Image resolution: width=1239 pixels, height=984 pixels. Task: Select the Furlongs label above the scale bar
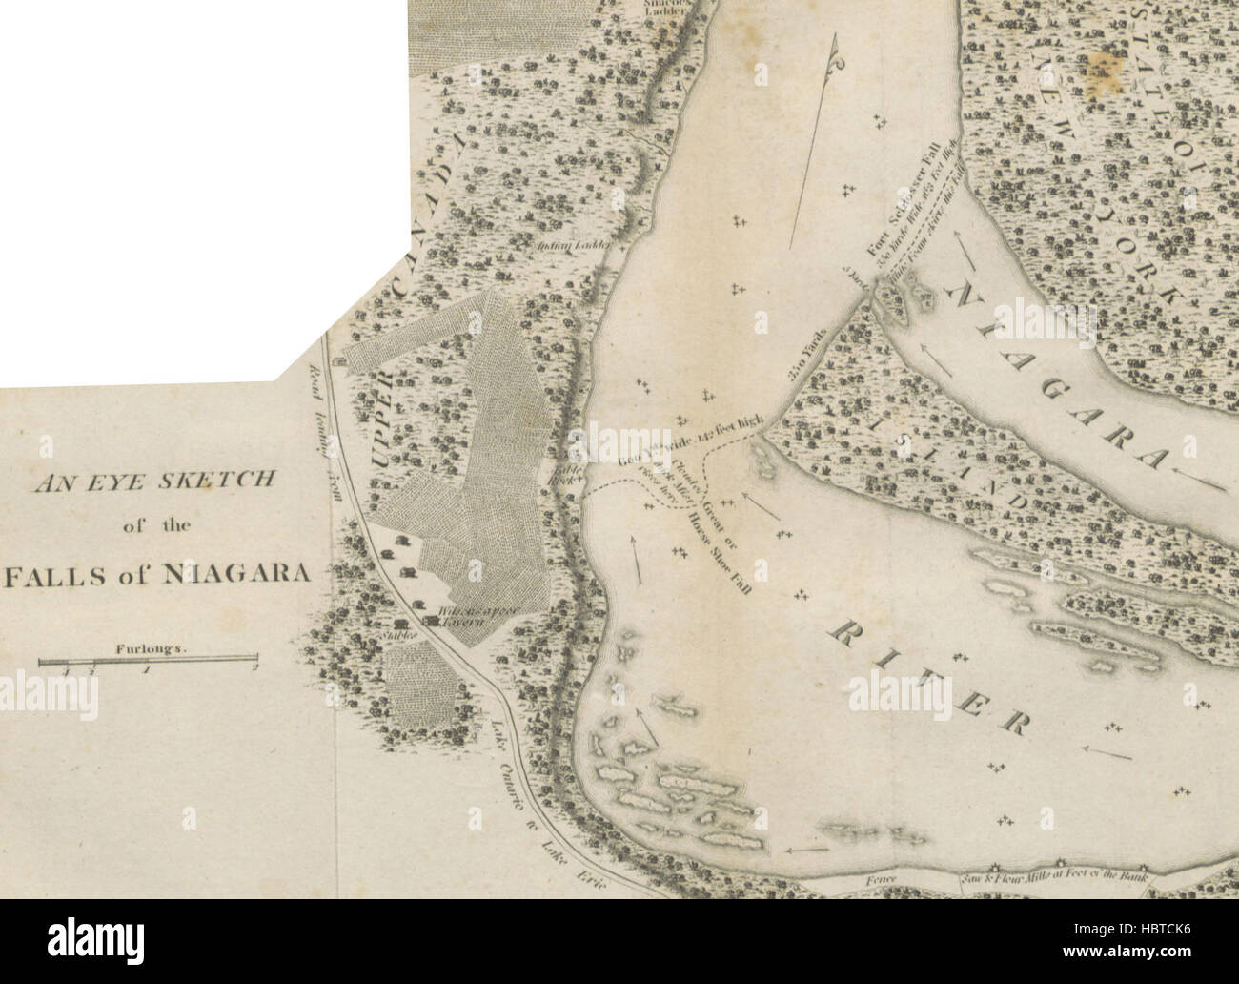(149, 646)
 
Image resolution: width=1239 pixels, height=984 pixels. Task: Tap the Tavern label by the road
(463, 622)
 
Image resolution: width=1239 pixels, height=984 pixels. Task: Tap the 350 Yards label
(808, 360)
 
